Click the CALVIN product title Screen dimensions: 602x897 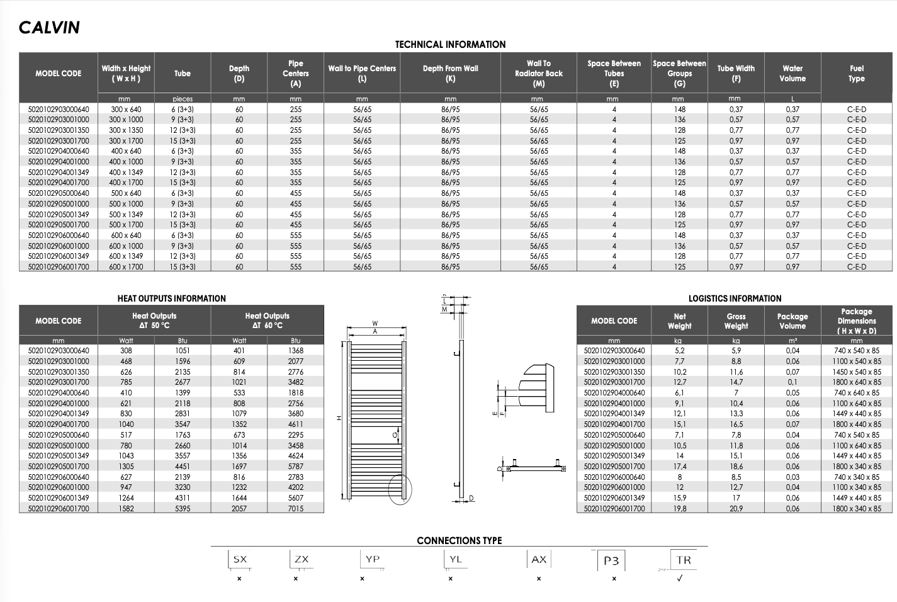49,28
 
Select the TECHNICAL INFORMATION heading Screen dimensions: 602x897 450,45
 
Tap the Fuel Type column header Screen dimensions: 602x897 856,74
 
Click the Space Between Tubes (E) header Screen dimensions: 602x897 614,74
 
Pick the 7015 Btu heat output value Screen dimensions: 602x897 295,508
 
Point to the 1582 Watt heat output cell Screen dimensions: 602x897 126,508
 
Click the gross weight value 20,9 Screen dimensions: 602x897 736,508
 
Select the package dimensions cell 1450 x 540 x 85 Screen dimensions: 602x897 856,372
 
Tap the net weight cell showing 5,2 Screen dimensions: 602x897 679,351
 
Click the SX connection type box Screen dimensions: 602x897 240,559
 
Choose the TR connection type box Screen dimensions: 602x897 684,560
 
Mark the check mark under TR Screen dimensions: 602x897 679,579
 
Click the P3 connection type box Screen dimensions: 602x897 611,560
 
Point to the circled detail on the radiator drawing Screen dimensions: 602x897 399,489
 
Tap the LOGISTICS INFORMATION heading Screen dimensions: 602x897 735,298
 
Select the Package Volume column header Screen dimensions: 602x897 792,321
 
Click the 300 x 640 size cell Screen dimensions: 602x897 126,110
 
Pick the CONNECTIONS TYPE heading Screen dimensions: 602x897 459,540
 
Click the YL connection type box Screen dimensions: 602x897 456,559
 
